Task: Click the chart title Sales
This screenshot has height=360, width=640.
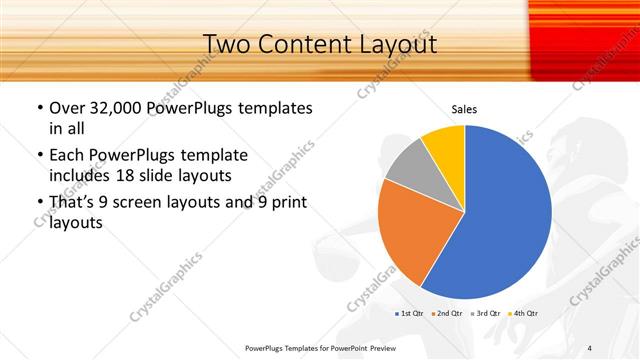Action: (464, 108)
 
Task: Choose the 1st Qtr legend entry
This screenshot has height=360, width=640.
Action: (410, 314)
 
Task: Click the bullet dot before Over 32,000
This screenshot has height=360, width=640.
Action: (39, 108)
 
